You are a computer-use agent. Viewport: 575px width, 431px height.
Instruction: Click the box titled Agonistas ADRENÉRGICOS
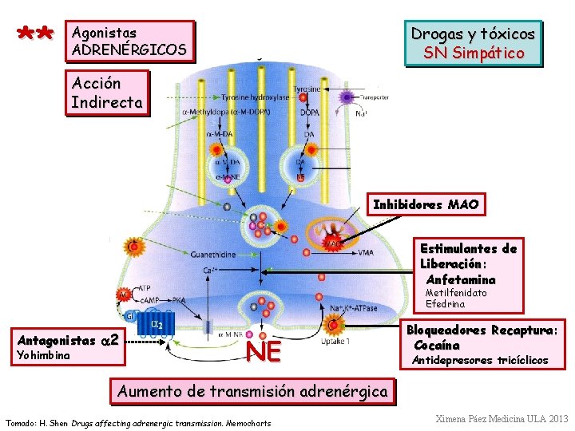click(x=129, y=42)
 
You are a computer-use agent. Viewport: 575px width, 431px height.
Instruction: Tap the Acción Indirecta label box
click(x=107, y=93)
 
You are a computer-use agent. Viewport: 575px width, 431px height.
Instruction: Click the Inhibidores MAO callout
click(x=426, y=205)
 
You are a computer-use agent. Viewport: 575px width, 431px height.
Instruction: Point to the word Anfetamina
click(x=461, y=279)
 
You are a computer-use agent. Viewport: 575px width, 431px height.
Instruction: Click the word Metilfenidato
click(x=455, y=293)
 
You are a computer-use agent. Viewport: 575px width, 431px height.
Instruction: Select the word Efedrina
click(x=445, y=303)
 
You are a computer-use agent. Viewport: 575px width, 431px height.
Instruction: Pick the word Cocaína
click(x=436, y=345)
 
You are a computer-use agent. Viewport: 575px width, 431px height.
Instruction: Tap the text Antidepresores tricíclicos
click(x=479, y=360)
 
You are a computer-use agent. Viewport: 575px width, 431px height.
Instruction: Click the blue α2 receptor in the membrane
click(x=157, y=325)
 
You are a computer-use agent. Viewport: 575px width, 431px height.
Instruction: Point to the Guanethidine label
click(x=212, y=255)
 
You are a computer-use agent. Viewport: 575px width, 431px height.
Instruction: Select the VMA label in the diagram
click(x=366, y=253)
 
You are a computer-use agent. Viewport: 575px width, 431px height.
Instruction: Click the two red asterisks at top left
click(x=34, y=34)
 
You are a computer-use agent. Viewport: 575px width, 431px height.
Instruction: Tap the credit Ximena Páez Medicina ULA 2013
click(x=502, y=418)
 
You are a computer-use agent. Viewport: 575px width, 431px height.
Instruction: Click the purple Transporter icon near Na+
click(x=346, y=97)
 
